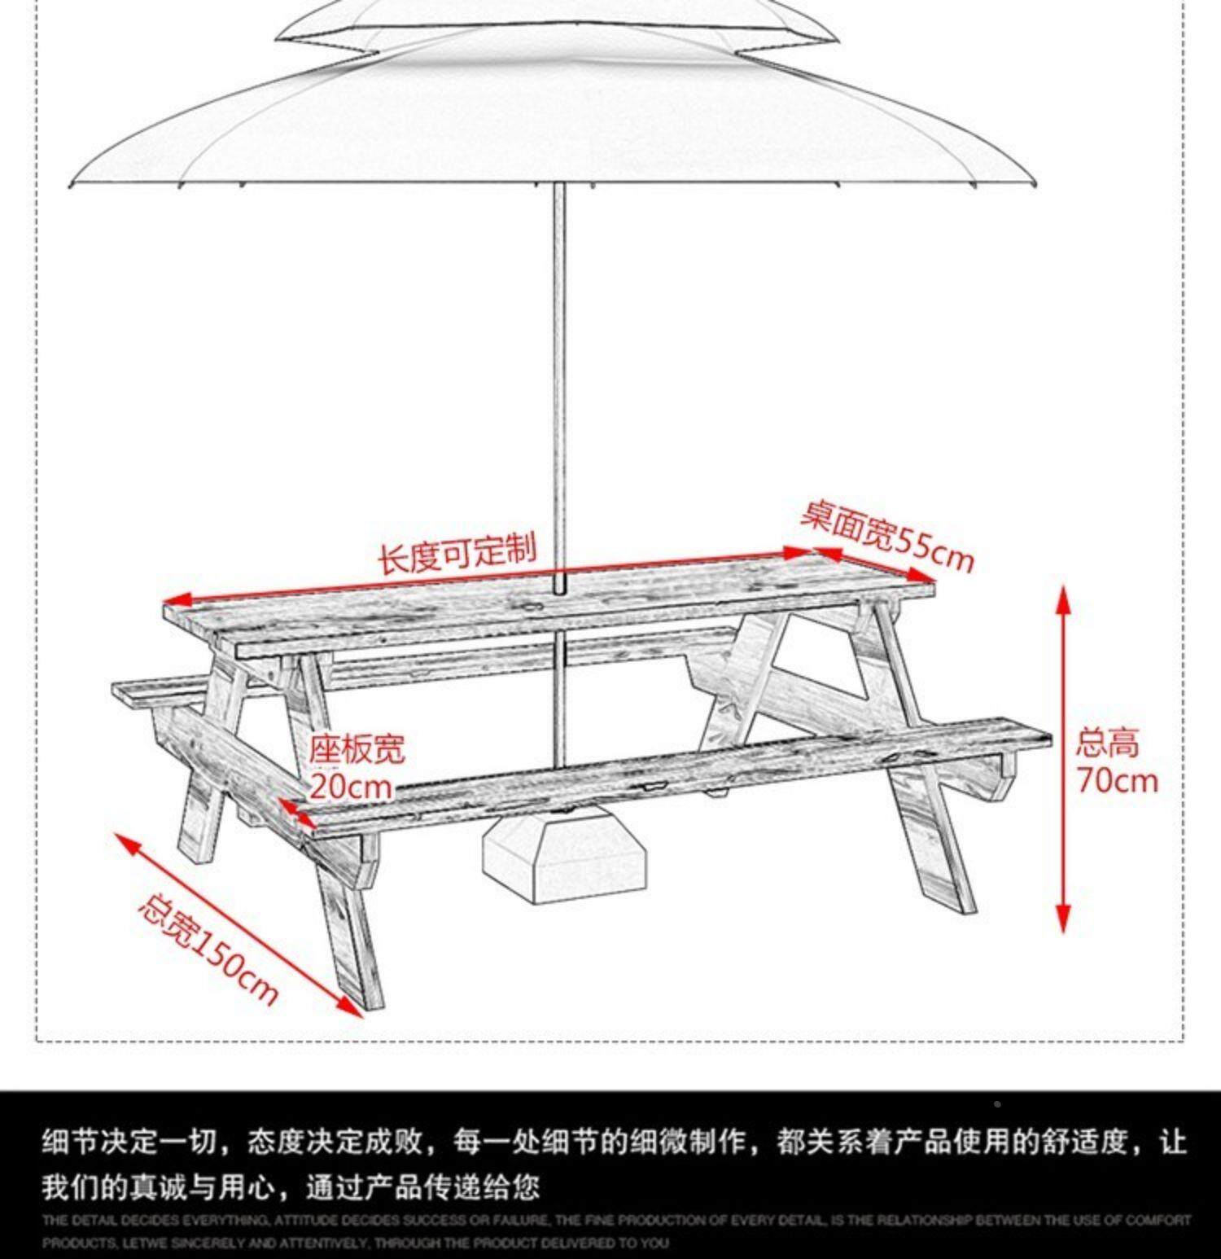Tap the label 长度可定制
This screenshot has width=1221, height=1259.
point(457,554)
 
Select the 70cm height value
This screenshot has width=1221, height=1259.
point(1117,780)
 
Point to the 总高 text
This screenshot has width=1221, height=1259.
point(1107,743)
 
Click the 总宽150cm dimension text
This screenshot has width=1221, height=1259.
point(207,950)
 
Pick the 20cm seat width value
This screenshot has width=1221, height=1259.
point(350,787)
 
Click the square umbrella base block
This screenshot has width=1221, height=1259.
point(566,855)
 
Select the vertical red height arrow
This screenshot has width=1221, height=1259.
point(1063,757)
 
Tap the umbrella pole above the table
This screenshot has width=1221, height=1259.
point(558,366)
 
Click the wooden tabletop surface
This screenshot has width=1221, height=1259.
point(554,607)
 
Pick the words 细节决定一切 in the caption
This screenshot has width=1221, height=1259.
point(130,1141)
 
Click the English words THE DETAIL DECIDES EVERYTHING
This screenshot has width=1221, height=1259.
point(155,1220)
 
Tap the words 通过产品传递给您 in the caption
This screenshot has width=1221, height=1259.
point(422,1187)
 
